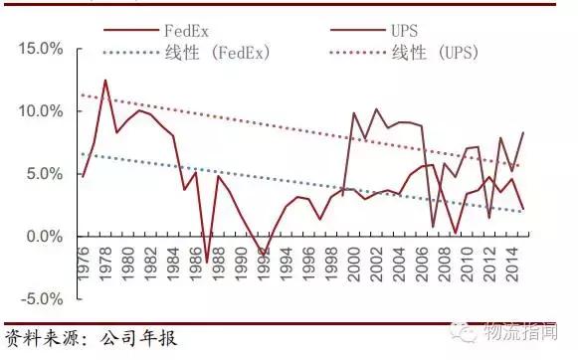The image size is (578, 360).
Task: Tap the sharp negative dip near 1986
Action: (x=207, y=262)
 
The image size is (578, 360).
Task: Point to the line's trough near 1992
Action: (x=263, y=255)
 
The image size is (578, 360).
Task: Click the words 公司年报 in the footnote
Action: (x=139, y=338)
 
